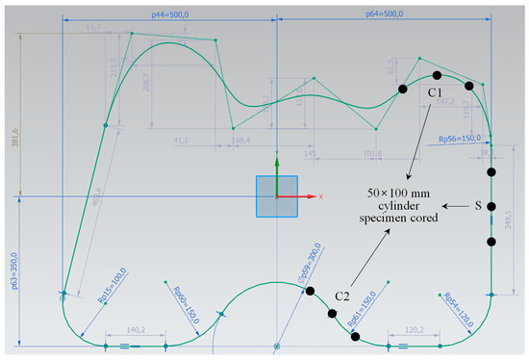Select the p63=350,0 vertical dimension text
tap(8, 275)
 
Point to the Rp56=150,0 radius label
tap(460, 138)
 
